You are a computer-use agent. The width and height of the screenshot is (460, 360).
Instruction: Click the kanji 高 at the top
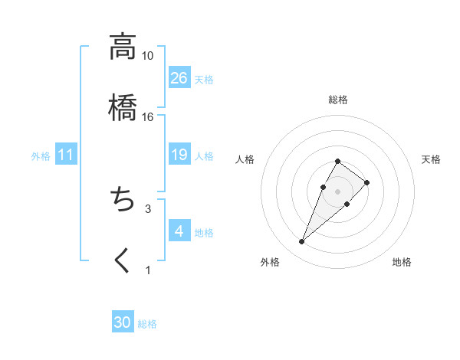pyautogui.click(x=123, y=47)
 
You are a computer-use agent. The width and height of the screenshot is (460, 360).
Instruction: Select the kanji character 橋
pyautogui.click(x=123, y=108)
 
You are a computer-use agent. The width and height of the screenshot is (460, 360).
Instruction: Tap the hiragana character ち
pyautogui.click(x=123, y=201)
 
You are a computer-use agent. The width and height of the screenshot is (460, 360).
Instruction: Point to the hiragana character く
pyautogui.click(x=123, y=261)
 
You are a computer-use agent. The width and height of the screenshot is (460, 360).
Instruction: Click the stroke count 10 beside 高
pyautogui.click(x=147, y=56)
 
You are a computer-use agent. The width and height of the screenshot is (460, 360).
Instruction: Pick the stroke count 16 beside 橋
pyautogui.click(x=147, y=116)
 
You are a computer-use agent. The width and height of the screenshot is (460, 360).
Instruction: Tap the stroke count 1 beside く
pyautogui.click(x=148, y=270)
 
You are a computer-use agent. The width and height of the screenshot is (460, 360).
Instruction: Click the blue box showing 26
pyautogui.click(x=179, y=78)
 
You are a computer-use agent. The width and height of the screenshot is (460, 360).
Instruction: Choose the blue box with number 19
pyautogui.click(x=179, y=155)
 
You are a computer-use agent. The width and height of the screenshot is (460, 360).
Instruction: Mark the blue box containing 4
pyautogui.click(x=179, y=231)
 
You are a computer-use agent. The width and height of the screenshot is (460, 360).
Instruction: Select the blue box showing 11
pyautogui.click(x=66, y=155)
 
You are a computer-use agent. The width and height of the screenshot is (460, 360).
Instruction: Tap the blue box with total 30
pyautogui.click(x=123, y=323)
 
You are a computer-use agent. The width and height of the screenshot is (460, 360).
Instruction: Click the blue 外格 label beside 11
pyautogui.click(x=41, y=156)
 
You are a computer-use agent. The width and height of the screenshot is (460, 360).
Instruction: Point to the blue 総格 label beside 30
pyautogui.click(x=147, y=324)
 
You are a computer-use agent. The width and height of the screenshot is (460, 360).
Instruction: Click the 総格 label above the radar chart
pyautogui.click(x=338, y=100)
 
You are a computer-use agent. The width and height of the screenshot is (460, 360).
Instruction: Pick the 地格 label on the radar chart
pyautogui.click(x=402, y=262)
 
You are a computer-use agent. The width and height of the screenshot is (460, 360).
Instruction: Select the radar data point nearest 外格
pyautogui.click(x=302, y=242)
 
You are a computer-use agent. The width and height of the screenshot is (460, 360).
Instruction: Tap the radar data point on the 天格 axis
pyautogui.click(x=367, y=182)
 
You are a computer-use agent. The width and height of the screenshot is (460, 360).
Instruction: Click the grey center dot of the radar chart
pyautogui.click(x=337, y=190)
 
